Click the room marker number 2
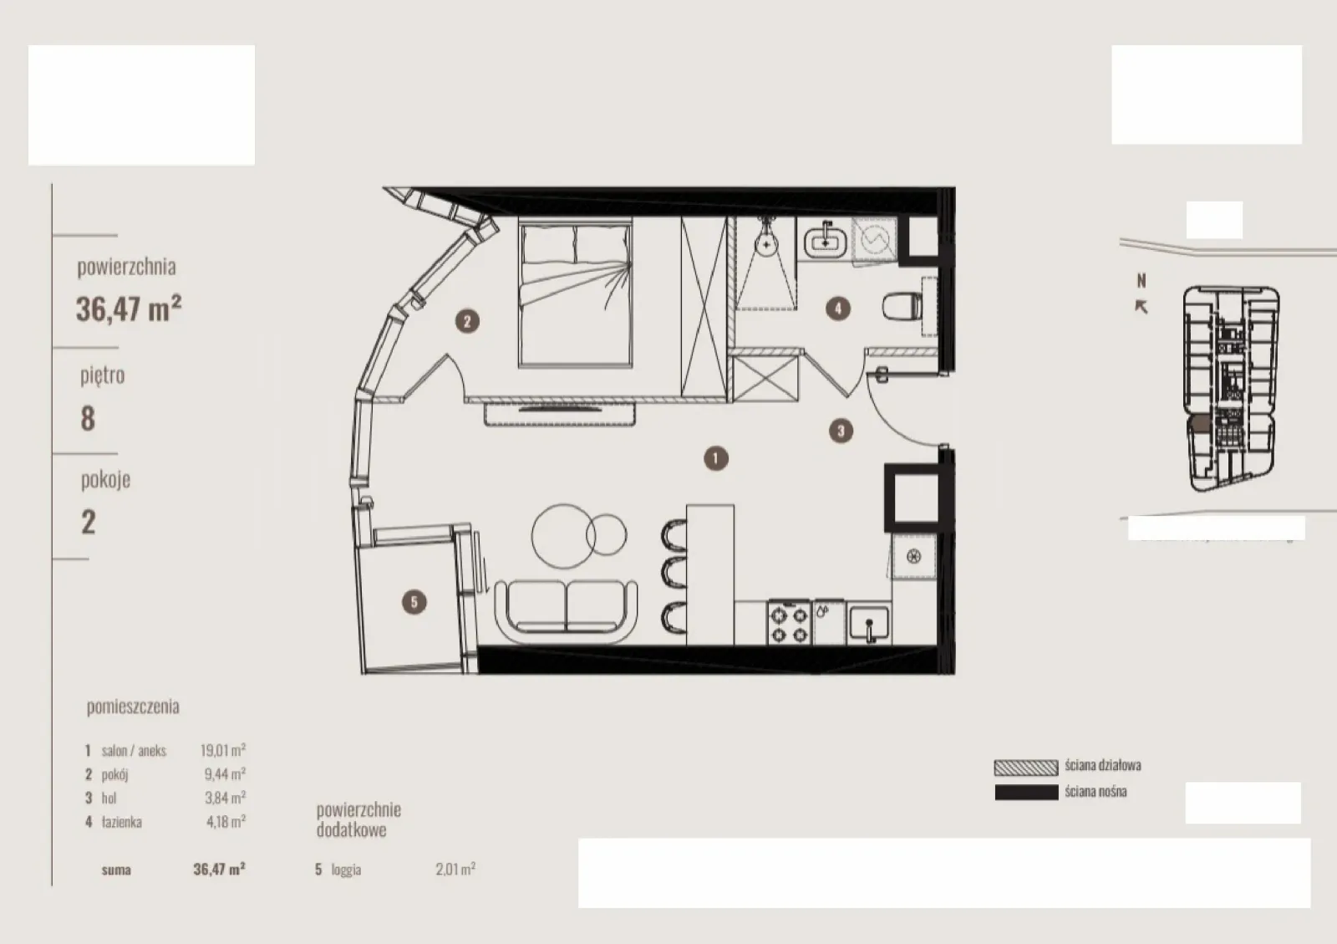tap(467, 321)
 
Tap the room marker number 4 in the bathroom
tap(838, 309)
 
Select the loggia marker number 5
tap(414, 602)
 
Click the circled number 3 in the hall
tap(841, 431)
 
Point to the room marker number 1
tap(715, 458)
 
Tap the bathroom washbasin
tap(826, 242)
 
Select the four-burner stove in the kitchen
tap(789, 622)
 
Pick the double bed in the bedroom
tap(576, 292)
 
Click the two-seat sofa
tap(566, 611)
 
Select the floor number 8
tap(88, 419)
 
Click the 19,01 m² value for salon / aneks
tap(223, 750)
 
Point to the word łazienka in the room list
tap(122, 822)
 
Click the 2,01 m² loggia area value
tap(455, 869)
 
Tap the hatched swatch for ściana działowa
tap(1026, 768)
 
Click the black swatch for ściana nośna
tap(1026, 793)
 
